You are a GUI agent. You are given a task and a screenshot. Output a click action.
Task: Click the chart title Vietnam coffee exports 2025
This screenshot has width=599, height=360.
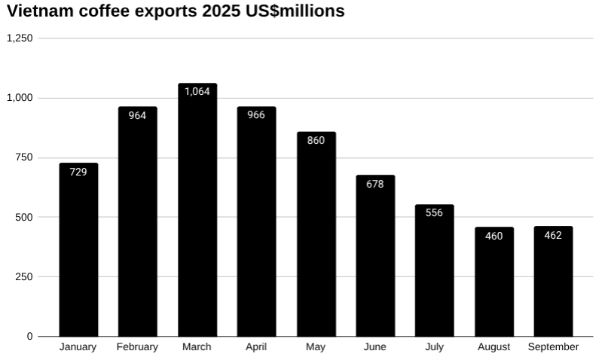175,11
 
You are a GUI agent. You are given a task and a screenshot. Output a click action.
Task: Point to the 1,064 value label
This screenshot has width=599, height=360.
197,91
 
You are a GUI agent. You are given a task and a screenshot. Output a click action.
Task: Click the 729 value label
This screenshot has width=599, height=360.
78,172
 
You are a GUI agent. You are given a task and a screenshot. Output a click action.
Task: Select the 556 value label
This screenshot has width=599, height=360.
434,213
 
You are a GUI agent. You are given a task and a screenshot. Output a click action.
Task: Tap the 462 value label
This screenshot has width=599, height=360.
553,235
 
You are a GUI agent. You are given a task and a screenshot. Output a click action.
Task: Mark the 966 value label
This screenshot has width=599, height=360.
256,115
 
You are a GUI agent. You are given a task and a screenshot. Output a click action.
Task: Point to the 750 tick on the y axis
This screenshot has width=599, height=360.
25,157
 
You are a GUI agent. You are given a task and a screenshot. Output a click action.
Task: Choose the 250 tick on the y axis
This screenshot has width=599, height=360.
25,276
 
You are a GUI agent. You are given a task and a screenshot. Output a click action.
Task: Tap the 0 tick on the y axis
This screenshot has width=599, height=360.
30,336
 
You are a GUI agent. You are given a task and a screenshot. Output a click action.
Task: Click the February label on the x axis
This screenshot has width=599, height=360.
137,347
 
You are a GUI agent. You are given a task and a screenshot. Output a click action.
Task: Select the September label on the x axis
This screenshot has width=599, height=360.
553,347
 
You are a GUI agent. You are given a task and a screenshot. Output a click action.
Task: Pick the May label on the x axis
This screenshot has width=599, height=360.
316,347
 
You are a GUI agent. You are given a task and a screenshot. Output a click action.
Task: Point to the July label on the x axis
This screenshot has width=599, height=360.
434,347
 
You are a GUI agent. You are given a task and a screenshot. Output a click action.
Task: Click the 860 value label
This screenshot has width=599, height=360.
316,140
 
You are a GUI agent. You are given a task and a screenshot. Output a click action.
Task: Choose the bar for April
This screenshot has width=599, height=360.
256,226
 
